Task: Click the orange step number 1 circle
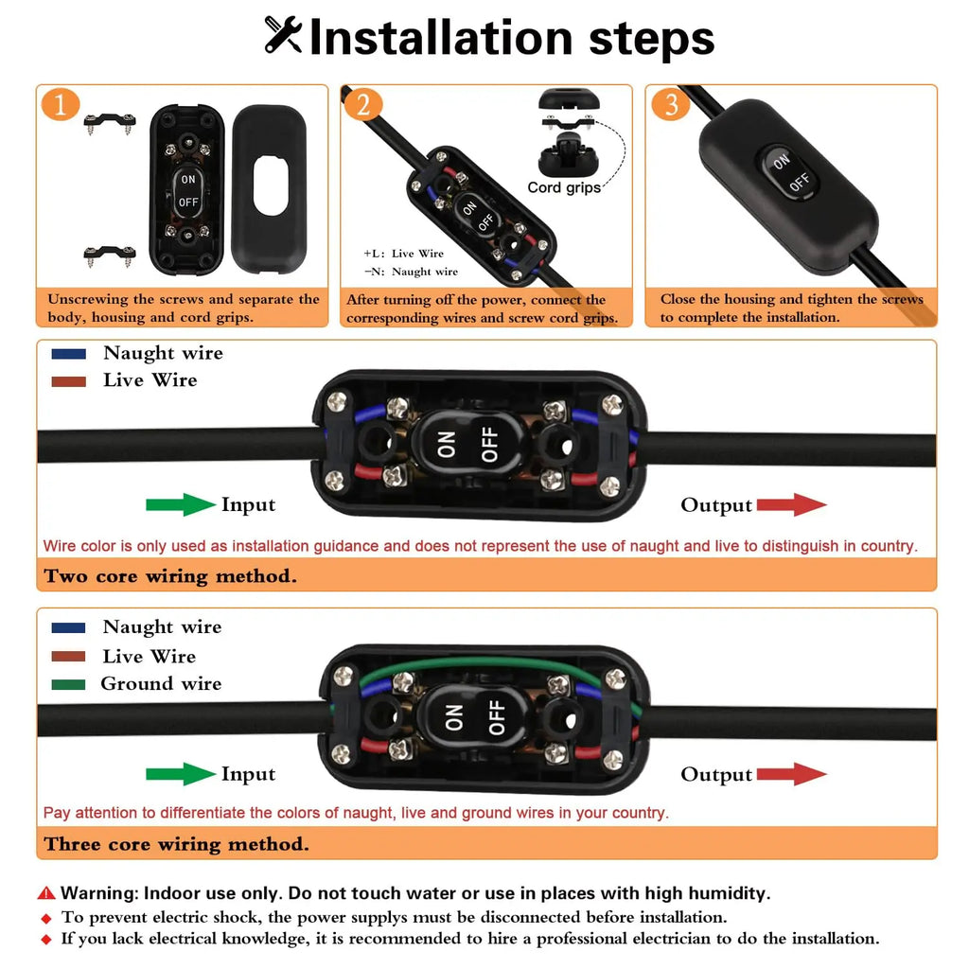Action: coord(60,104)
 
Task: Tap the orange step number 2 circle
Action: coord(362,104)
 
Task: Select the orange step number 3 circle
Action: coord(671,104)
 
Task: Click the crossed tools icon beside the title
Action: coord(283,35)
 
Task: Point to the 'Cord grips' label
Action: coord(564,187)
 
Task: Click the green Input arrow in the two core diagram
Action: coord(181,504)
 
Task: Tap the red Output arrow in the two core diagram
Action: coord(792,504)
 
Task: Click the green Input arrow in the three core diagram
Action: coord(181,774)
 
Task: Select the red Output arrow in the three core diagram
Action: coord(792,774)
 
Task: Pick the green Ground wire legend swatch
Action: coord(68,684)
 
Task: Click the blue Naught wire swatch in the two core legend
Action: coord(68,354)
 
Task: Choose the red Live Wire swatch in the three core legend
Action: coord(68,657)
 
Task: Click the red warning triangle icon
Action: coord(46,893)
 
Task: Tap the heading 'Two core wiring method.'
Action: coord(170,576)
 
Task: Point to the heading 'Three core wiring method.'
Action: coord(177,844)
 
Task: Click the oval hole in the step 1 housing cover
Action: coord(271,185)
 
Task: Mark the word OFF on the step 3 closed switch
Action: coord(799,182)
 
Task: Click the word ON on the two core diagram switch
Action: coord(447,445)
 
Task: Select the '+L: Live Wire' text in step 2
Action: coord(403,254)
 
